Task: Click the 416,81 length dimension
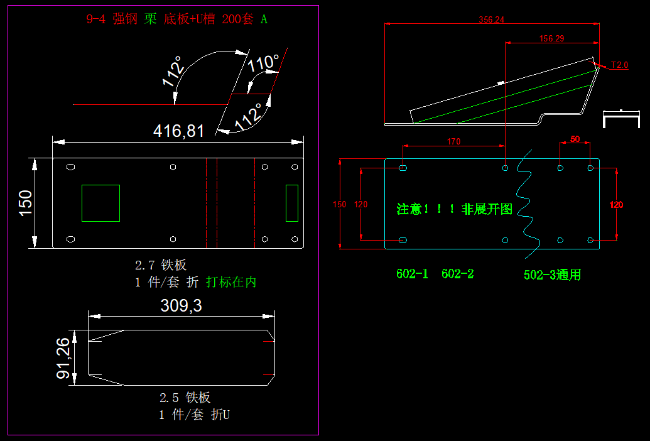(x=179, y=131)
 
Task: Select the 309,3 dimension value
(x=181, y=306)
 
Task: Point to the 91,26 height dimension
(x=63, y=357)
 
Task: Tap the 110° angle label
(x=263, y=63)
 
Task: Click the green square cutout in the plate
(x=100, y=203)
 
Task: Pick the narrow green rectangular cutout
(x=292, y=203)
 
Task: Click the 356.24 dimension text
(x=491, y=19)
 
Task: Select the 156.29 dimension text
(x=551, y=38)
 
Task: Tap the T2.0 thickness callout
(x=619, y=65)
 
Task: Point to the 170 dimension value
(x=453, y=141)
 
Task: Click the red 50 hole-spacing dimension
(x=575, y=138)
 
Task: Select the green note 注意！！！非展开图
(x=455, y=209)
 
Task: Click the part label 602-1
(x=412, y=274)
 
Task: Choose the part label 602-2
(x=457, y=274)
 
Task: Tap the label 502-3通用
(x=552, y=275)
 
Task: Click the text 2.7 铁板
(x=161, y=265)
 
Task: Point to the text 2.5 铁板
(x=185, y=397)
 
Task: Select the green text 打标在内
(x=231, y=282)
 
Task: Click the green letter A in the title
(x=264, y=19)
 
